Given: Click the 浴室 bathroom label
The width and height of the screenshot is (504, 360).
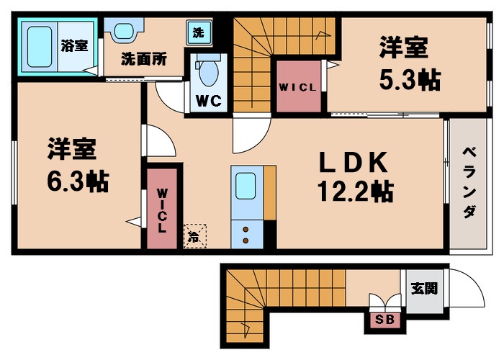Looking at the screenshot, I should pyautogui.click(x=75, y=45).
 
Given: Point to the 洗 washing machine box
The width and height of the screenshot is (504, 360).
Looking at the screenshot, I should pyautogui.click(x=197, y=32).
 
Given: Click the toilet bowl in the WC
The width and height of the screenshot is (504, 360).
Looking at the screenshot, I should pyautogui.click(x=210, y=72).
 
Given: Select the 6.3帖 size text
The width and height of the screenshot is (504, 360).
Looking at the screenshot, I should pyautogui.click(x=78, y=181).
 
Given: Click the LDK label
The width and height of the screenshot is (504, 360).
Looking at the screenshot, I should pyautogui.click(x=355, y=163).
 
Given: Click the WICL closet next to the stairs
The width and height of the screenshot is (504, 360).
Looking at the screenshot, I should pyautogui.click(x=297, y=87).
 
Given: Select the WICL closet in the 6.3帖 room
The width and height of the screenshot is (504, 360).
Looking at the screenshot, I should pyautogui.click(x=162, y=209).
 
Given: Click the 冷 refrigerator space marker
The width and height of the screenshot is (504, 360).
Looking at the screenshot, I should pyautogui.click(x=194, y=235).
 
